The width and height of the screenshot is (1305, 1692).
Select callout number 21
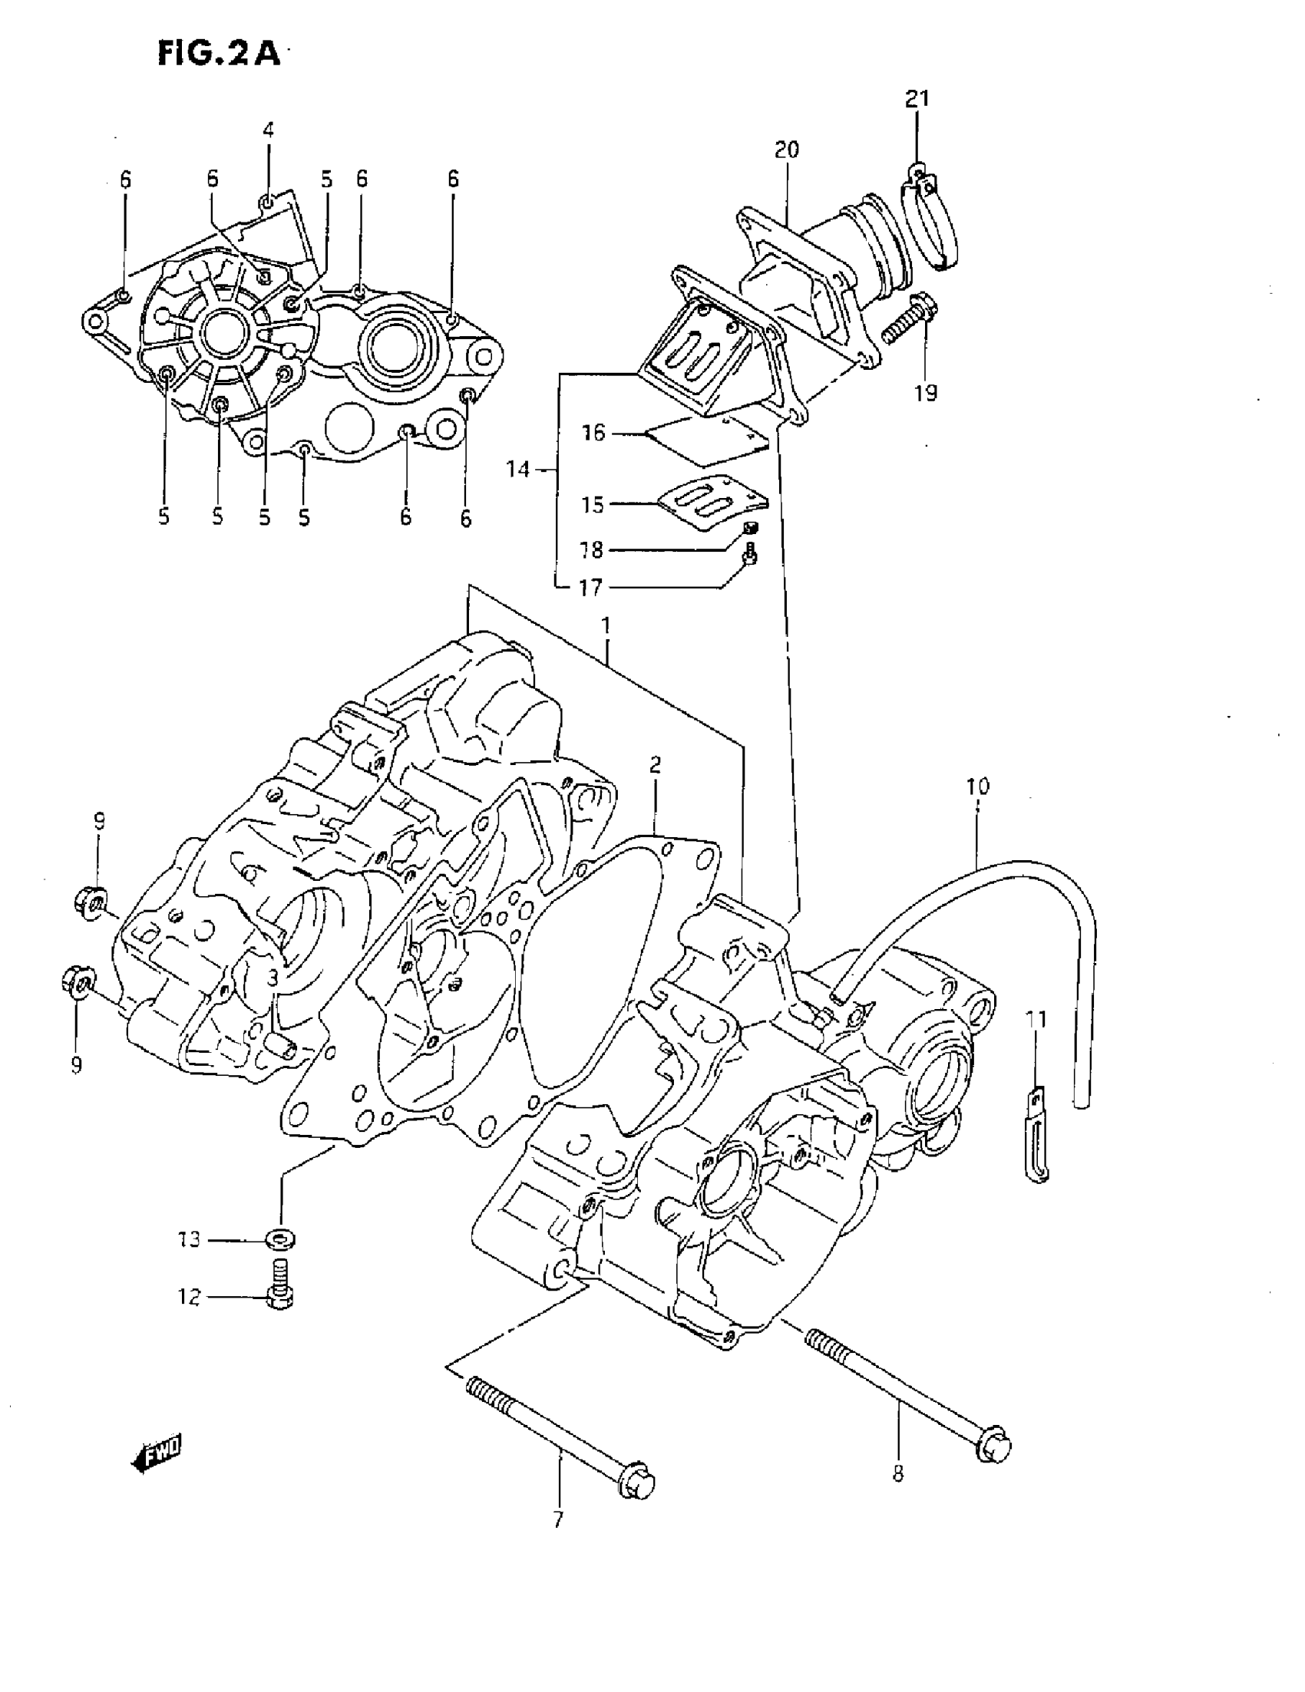tap(917, 98)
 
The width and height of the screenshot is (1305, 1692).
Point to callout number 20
tap(787, 149)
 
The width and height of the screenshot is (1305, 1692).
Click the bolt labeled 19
tap(907, 322)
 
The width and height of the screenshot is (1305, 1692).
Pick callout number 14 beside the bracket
tap(517, 468)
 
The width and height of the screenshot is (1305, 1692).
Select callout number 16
tap(593, 432)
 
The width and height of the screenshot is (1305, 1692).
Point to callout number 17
tap(590, 587)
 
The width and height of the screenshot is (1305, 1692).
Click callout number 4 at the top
tap(268, 130)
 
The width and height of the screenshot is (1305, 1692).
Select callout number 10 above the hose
tap(977, 786)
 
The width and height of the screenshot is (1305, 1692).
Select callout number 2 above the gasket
tap(655, 764)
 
